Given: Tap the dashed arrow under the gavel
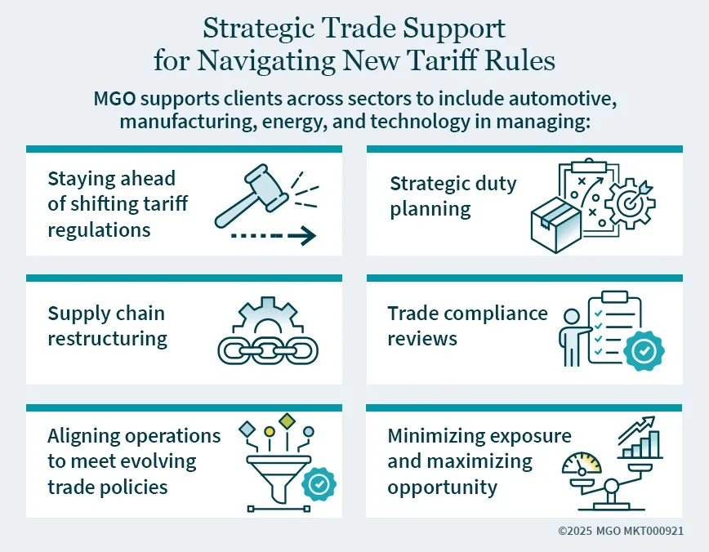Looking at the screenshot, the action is (x=273, y=235).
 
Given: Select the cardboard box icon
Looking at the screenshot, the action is (x=556, y=225).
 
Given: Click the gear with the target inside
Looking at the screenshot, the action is (x=630, y=204).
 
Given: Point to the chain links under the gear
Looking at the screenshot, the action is (x=268, y=351).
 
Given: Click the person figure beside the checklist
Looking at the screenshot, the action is (x=572, y=336).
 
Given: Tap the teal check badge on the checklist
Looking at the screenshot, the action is (x=644, y=351).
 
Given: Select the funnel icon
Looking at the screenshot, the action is (x=279, y=479).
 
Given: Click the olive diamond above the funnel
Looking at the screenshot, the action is (x=287, y=421).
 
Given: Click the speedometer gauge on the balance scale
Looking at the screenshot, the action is (x=582, y=462).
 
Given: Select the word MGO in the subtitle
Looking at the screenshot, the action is (x=114, y=99).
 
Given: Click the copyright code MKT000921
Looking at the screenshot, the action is (x=653, y=531).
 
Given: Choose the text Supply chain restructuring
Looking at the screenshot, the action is (x=108, y=326).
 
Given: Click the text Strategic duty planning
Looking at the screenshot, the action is (x=453, y=196).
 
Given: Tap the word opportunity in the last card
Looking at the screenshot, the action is (x=442, y=487).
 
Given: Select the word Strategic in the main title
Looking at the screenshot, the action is (x=258, y=29).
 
